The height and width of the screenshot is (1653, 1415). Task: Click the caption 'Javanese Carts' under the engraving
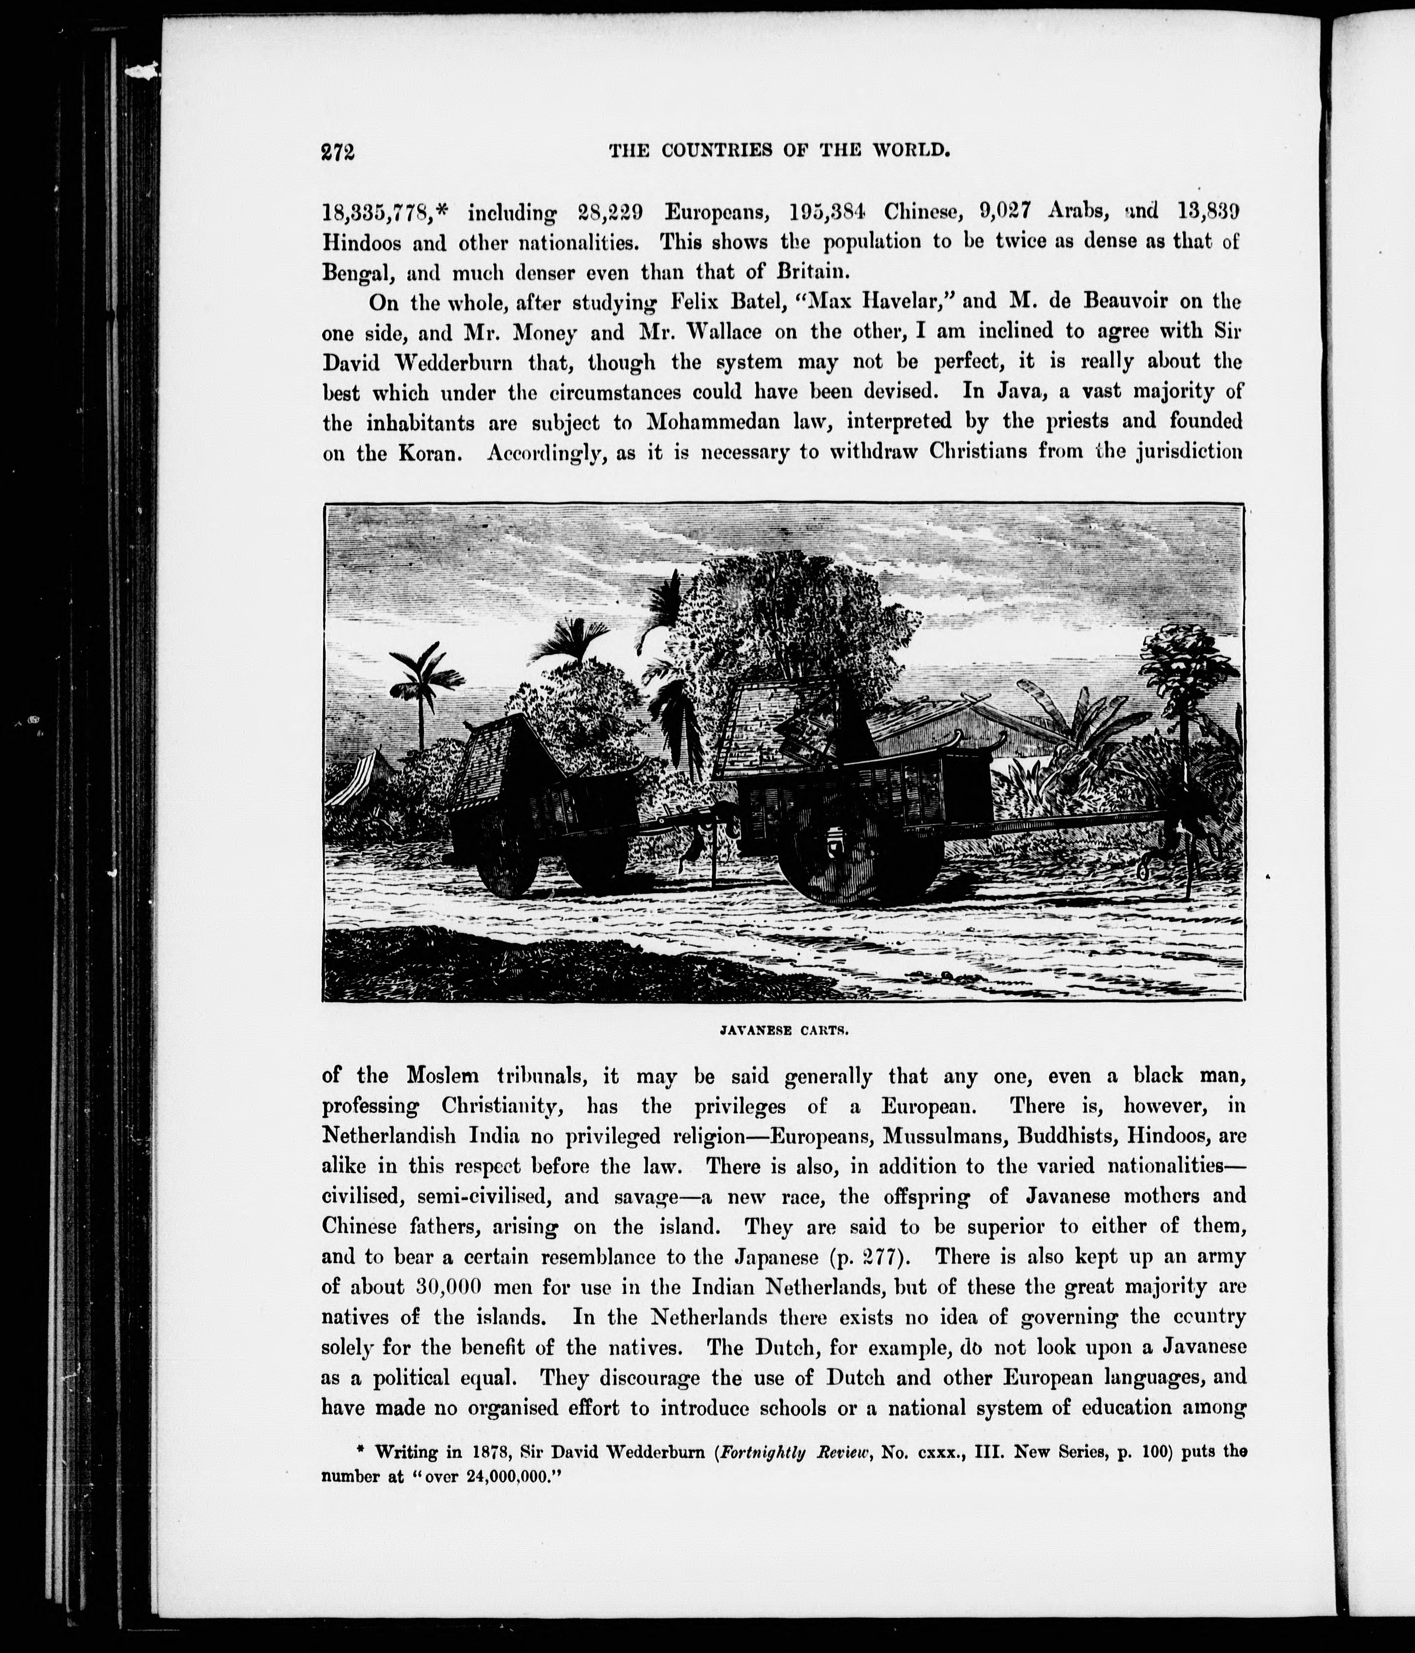coord(777,1030)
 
